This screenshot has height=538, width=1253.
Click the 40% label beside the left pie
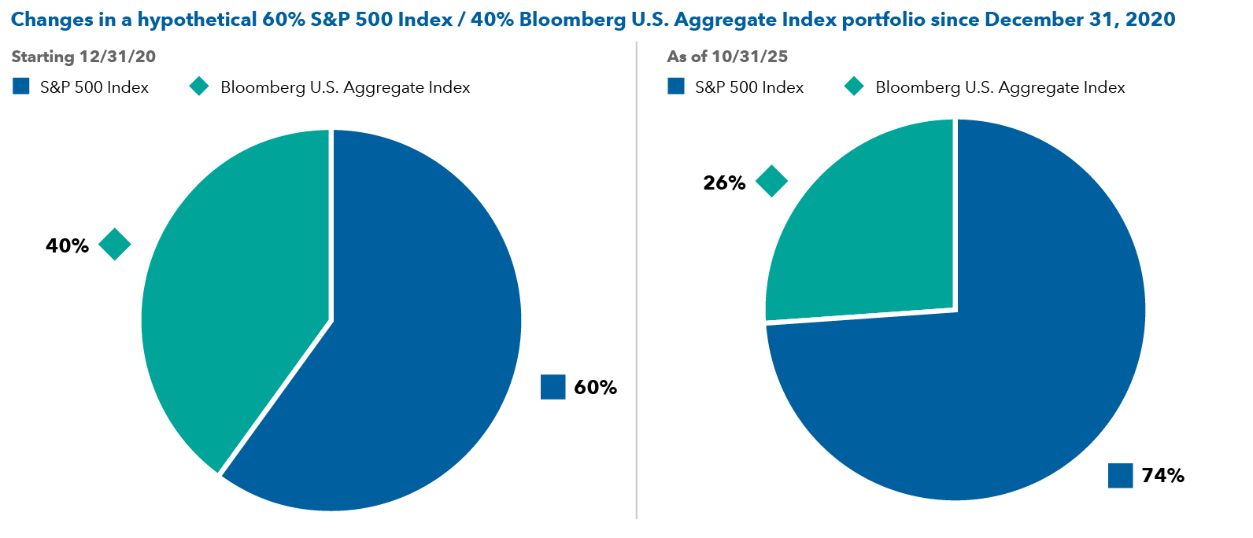pyautogui.click(x=67, y=246)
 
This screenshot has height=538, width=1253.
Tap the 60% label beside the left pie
pyautogui.click(x=595, y=388)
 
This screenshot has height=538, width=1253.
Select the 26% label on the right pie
pyautogui.click(x=724, y=183)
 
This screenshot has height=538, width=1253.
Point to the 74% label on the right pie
pyautogui.click(x=1162, y=476)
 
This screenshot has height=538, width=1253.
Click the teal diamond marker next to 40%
pyautogui.click(x=114, y=245)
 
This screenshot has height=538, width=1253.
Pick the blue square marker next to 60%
pyautogui.click(x=553, y=387)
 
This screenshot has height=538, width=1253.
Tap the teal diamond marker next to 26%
pyautogui.click(x=771, y=181)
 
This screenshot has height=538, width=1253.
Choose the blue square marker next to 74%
pyautogui.click(x=1120, y=475)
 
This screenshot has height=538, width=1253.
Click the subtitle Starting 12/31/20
pyautogui.click(x=83, y=57)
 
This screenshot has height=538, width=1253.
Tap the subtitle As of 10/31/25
pyautogui.click(x=726, y=57)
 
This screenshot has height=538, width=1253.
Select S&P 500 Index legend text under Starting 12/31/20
pyautogui.click(x=94, y=87)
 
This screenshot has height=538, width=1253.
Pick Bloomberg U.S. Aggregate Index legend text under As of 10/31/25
pyautogui.click(x=1000, y=87)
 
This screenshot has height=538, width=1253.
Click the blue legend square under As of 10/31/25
pyautogui.click(x=675, y=87)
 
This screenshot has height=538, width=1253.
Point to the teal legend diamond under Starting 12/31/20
pyautogui.click(x=199, y=87)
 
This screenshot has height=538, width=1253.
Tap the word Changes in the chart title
pyautogui.click(x=52, y=20)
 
